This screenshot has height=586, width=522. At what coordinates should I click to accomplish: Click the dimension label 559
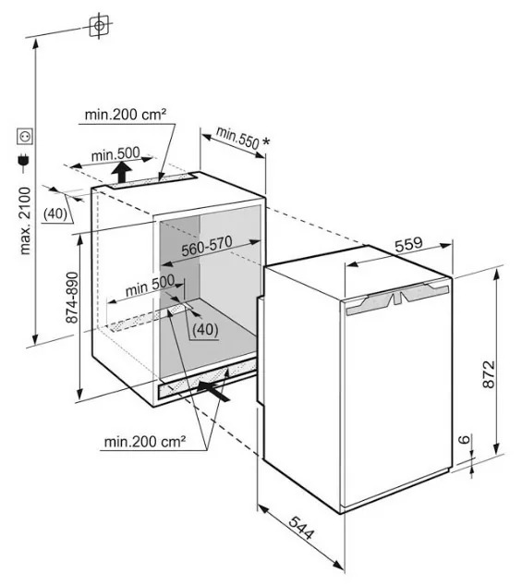408,245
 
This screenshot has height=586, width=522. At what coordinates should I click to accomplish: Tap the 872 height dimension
489,374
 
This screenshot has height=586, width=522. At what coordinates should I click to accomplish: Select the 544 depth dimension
301,528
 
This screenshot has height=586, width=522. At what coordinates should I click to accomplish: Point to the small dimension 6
464,439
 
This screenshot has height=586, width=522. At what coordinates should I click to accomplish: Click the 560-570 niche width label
207,246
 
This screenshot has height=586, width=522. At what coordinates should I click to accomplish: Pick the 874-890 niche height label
72,298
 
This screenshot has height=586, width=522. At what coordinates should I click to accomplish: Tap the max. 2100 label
25,221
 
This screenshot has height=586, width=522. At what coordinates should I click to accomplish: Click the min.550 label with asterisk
243,139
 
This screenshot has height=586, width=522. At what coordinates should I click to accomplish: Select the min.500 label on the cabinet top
115,154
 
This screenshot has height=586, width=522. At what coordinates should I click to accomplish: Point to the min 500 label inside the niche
150,286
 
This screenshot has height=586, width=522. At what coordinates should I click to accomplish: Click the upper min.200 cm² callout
125,115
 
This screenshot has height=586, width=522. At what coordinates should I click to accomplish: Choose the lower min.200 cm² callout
145,442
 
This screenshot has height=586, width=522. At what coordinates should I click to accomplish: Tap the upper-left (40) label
55,214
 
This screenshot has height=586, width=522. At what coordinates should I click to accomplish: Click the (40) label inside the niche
205,329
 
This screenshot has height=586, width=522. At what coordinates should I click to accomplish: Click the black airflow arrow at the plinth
213,391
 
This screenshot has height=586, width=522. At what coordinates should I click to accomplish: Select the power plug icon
24,160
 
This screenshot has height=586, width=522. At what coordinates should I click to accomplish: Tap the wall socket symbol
25,137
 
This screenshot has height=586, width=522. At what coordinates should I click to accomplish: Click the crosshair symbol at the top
100,25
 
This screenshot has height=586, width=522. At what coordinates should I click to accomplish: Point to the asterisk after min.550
266,141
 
